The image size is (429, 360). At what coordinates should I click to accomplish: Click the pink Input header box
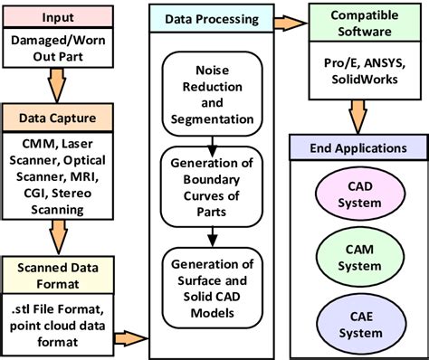[60, 18]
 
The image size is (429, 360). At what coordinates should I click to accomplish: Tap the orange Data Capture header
[60, 117]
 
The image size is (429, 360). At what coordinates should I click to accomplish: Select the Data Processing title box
[210, 18]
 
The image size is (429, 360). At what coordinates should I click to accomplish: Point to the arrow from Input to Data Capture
[60, 83]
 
